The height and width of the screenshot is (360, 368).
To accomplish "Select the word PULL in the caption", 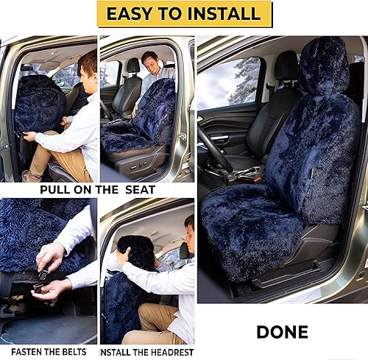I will coord(63,188).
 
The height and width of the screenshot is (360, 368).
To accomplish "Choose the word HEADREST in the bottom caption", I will coord(168,350).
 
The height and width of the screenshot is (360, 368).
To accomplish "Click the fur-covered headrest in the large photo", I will coord(323,66).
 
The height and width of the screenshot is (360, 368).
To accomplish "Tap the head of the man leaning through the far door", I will coord(149,62).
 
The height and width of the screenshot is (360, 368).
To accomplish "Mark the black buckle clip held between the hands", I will coord(43,275).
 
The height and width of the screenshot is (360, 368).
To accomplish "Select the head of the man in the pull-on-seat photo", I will coord(88,65).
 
